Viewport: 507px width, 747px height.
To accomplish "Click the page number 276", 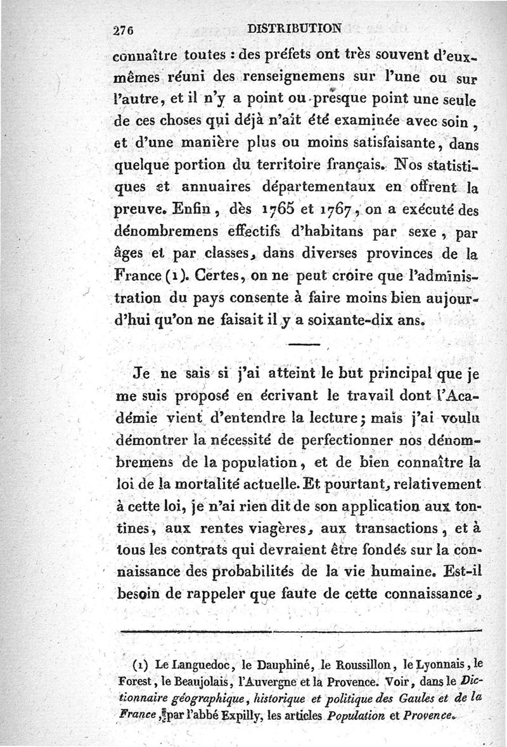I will point(120,29).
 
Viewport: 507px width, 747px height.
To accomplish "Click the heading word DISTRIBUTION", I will point(295,28).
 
